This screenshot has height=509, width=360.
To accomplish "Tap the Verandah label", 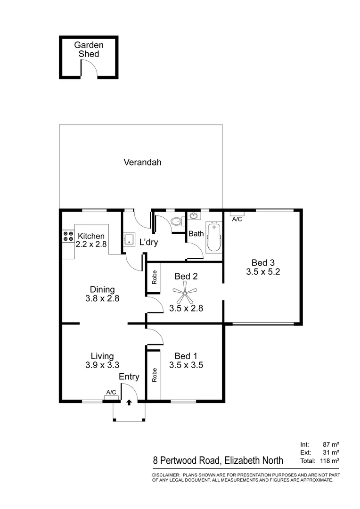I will click(142, 163).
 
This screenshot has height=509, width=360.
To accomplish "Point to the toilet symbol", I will click(176, 222).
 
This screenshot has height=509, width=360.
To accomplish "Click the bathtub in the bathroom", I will click(213, 238).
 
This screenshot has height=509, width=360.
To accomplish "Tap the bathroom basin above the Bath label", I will click(194, 217).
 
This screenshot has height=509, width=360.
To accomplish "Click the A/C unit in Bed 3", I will click(237, 219).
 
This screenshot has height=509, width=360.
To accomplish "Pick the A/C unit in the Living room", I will click(111, 393).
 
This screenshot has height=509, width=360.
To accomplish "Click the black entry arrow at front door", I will click(129, 403).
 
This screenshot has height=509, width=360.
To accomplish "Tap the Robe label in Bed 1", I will click(154, 374).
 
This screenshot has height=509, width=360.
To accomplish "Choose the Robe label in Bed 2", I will click(154, 277).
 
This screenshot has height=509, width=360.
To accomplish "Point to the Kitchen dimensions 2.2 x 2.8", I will click(91, 244).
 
